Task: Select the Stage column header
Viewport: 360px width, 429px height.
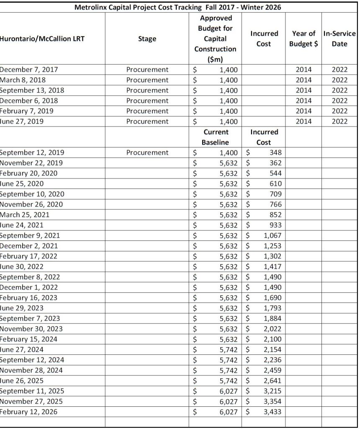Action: (x=147, y=39)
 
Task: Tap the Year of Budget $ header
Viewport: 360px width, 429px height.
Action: (x=303, y=39)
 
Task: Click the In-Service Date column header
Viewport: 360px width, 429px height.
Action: (x=339, y=39)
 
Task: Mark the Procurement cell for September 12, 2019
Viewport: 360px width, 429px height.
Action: (x=147, y=152)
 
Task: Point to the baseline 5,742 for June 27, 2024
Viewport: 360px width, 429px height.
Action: (x=229, y=349)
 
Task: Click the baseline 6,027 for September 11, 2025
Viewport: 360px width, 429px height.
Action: (x=229, y=391)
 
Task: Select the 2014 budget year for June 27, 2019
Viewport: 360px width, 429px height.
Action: (x=303, y=121)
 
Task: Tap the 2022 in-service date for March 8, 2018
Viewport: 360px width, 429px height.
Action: (x=339, y=80)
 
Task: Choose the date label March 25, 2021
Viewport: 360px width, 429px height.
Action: (x=25, y=214)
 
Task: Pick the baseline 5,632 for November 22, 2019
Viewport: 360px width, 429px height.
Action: (x=229, y=163)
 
